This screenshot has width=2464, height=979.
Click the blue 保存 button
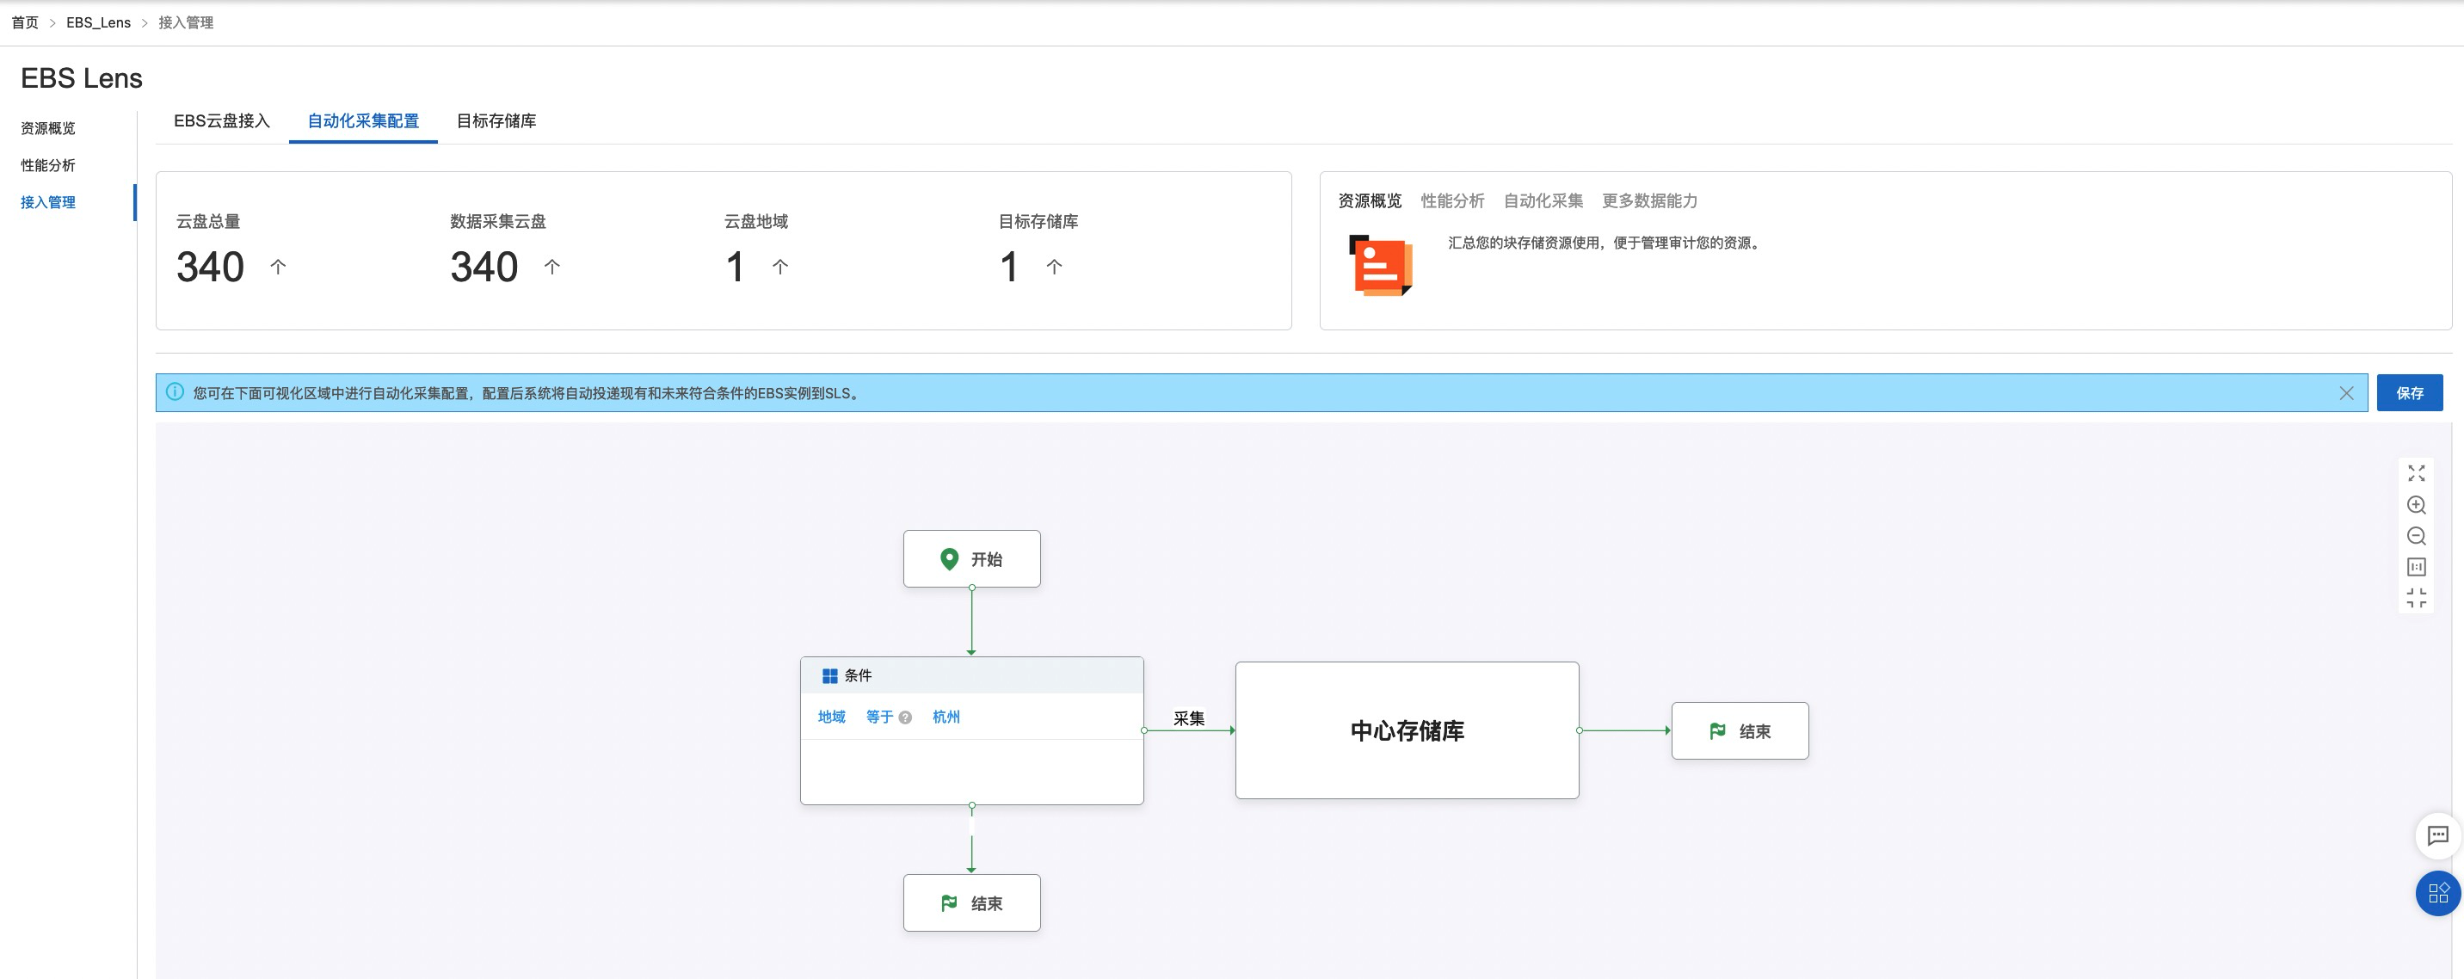pos(2410,393)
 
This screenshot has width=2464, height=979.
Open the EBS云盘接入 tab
pos(222,121)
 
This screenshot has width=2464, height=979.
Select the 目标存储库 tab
pos(496,121)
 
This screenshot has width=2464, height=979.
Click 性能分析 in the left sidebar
pos(48,165)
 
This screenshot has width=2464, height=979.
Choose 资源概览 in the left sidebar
pos(48,128)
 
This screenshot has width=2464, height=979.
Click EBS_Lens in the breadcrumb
pos(99,23)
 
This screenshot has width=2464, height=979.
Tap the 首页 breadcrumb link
pos(25,23)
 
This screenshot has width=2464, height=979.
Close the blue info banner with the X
pos(2346,393)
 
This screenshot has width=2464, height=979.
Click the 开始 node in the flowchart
pos(972,559)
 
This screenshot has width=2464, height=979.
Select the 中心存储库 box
pos(1407,730)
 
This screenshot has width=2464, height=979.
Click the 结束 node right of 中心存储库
pos(1740,731)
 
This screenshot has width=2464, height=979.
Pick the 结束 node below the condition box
pos(972,903)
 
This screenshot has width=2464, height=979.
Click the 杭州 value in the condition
pos(946,717)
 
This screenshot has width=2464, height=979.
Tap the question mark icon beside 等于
pos(905,718)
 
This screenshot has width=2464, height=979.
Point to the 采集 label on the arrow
pos(1189,719)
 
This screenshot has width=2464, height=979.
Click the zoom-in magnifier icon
pos(2416,505)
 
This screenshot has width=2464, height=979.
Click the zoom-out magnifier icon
pos(2416,536)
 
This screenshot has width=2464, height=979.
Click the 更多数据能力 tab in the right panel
pos(1650,200)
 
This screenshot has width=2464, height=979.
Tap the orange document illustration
pos(1380,265)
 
